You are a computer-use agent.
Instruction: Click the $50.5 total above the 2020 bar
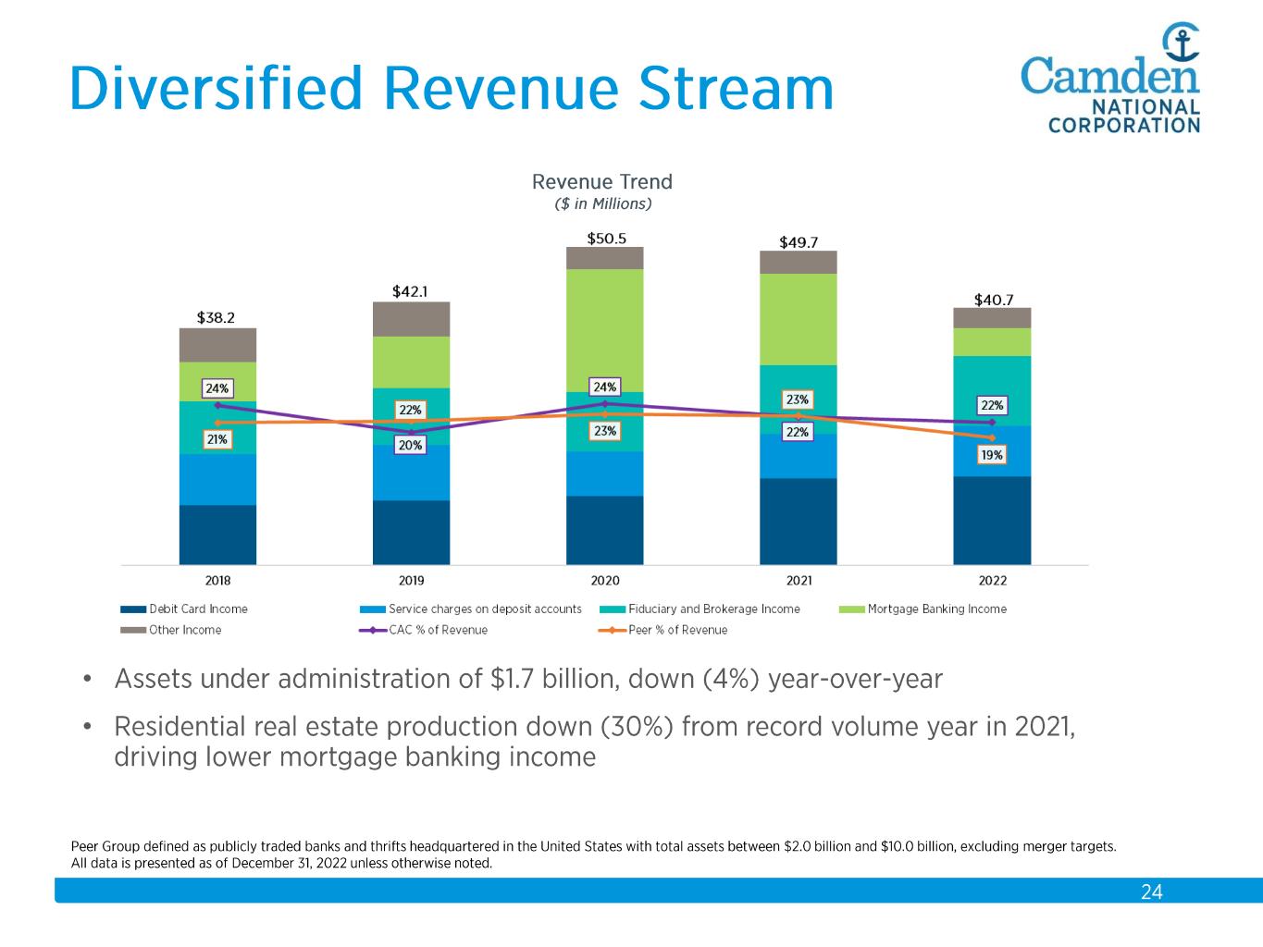pyautogui.click(x=606, y=238)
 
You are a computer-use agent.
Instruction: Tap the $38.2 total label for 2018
pyautogui.click(x=216, y=317)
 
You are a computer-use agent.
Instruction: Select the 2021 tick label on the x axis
pyautogui.click(x=799, y=581)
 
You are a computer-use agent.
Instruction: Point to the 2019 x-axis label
pyautogui.click(x=411, y=581)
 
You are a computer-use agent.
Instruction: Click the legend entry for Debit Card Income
pyautogui.click(x=184, y=609)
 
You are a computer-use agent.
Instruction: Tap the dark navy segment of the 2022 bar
pyautogui.click(x=992, y=520)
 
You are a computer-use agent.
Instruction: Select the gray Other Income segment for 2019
pyautogui.click(x=411, y=319)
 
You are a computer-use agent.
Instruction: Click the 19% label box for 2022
pyautogui.click(x=992, y=455)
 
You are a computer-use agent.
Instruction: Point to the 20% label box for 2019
pyautogui.click(x=410, y=446)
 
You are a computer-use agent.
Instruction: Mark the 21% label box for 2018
pyautogui.click(x=217, y=440)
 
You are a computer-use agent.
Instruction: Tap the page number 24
pyautogui.click(x=1151, y=892)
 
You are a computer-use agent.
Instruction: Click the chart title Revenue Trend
pyautogui.click(x=602, y=181)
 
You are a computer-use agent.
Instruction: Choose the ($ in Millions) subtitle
pyautogui.click(x=602, y=203)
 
